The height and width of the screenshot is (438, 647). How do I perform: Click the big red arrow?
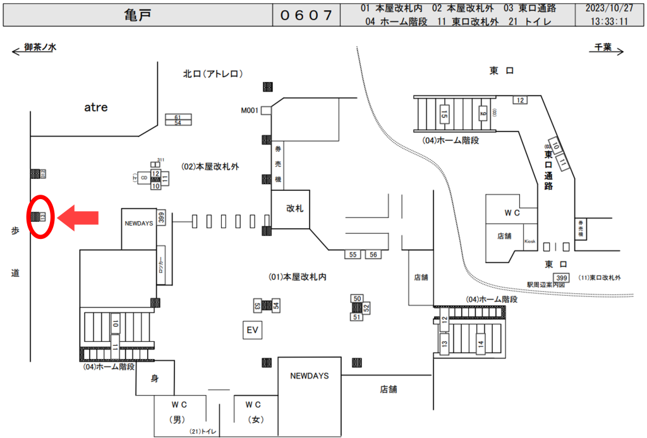click(78, 218)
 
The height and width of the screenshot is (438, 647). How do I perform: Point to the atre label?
click(96, 107)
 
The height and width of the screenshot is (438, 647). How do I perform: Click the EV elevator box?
click(253, 330)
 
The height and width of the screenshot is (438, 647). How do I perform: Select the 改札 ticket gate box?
click(295, 208)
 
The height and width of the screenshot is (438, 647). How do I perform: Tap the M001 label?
click(250, 111)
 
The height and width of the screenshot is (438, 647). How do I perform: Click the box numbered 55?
click(353, 254)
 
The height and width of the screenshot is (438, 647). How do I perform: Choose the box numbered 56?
click(373, 254)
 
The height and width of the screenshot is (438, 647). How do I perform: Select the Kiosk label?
click(529, 242)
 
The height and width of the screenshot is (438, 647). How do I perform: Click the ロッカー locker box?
click(161, 265)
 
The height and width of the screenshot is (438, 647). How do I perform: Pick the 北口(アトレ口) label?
click(212, 74)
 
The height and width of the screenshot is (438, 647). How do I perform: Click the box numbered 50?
click(357, 298)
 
